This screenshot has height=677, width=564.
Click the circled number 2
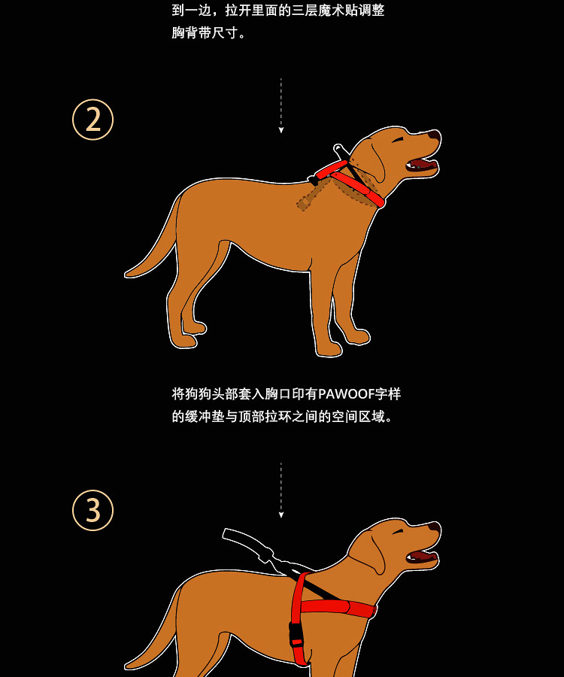click(92, 120)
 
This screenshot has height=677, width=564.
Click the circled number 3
click(92, 510)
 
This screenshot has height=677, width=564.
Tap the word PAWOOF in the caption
click(346, 393)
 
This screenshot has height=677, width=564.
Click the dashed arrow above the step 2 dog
click(281, 105)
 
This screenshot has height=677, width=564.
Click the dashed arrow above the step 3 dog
click(281, 490)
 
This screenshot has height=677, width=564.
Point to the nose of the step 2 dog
click(435, 135)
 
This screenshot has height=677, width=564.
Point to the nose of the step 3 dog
click(435, 527)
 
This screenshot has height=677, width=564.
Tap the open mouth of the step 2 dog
click(422, 165)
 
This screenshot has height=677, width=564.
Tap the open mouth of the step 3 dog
click(422, 556)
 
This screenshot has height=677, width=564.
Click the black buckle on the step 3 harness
click(296, 634)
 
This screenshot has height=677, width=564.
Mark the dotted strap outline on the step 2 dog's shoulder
click(314, 195)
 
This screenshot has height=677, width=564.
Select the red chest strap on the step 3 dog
click(338, 607)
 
